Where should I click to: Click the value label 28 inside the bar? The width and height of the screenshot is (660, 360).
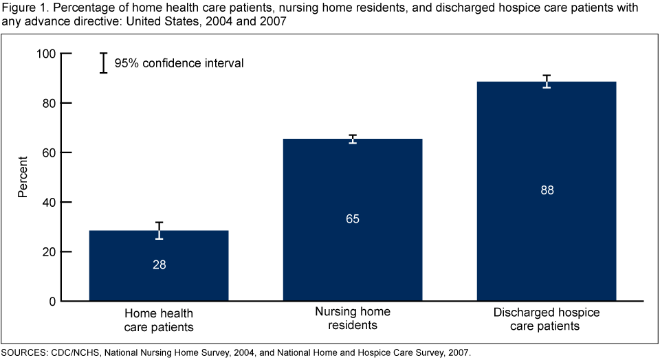click(x=159, y=264)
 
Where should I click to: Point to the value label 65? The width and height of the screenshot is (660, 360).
click(x=353, y=219)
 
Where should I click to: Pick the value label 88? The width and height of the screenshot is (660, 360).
click(x=547, y=190)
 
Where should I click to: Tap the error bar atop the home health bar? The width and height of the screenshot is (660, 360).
click(x=159, y=230)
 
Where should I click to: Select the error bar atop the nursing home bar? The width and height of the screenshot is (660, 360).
click(x=353, y=139)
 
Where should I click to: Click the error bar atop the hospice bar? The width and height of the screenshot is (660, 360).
click(x=547, y=81)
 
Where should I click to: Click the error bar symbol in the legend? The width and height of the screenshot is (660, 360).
click(x=103, y=63)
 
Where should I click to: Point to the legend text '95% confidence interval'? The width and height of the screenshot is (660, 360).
click(x=179, y=63)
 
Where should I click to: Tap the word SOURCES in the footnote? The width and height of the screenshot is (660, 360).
click(x=24, y=352)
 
